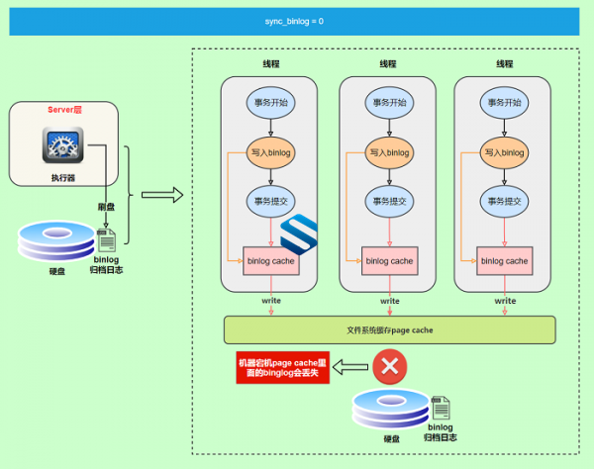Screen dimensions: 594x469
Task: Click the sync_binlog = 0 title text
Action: pos(294,21)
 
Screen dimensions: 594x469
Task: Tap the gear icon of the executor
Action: pos(63,145)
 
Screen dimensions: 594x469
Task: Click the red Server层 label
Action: pos(64,110)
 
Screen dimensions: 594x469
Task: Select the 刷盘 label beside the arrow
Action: pos(106,207)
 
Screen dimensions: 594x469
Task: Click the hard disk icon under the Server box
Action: pos(56,240)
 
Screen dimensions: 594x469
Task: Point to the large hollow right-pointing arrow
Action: pos(162,195)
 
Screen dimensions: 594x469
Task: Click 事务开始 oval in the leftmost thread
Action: pos(271,103)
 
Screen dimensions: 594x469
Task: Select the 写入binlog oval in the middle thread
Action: pos(389,152)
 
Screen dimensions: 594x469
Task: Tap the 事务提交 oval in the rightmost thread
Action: pos(504,201)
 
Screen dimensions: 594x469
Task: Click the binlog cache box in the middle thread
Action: pos(389,261)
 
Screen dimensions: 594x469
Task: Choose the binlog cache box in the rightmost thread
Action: pos(505,261)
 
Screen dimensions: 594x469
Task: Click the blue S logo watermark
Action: pos(299,234)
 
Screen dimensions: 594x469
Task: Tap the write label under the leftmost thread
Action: pos(271,301)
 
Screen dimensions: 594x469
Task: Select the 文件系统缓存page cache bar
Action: pos(390,330)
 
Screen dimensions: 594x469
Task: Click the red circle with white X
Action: pos(390,366)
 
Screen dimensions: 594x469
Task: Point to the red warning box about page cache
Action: pos(282,367)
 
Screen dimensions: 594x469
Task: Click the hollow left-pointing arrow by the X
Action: pos(350,367)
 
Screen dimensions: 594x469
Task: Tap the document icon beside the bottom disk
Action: pos(441,408)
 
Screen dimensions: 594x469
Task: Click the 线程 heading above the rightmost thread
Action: pos(505,64)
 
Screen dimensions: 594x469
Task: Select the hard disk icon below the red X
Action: pos(391,409)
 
